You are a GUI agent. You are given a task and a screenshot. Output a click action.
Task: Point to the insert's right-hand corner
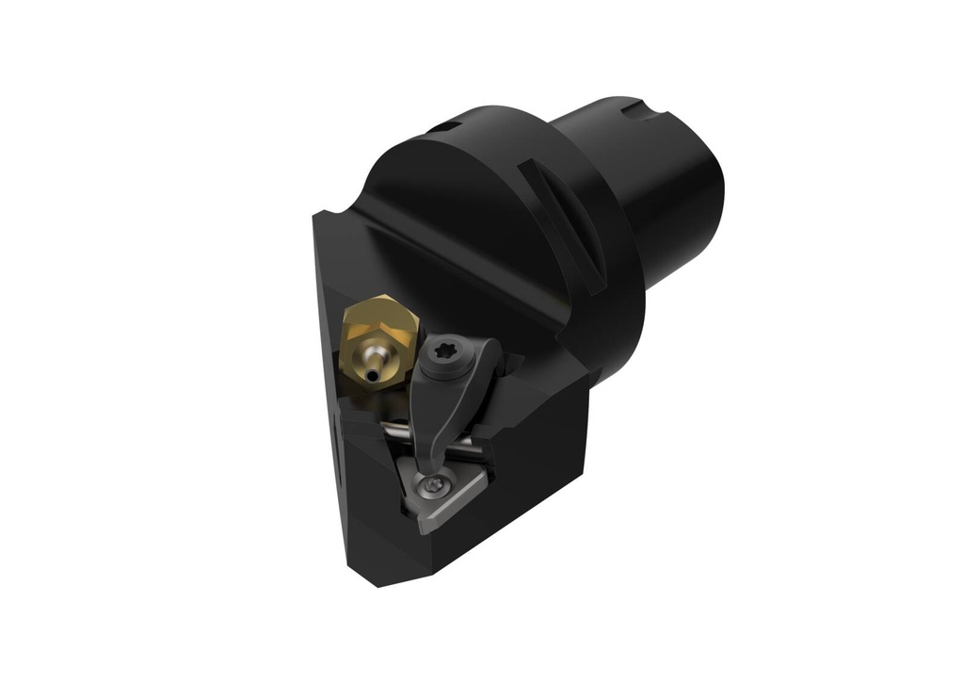click(x=486, y=479)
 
